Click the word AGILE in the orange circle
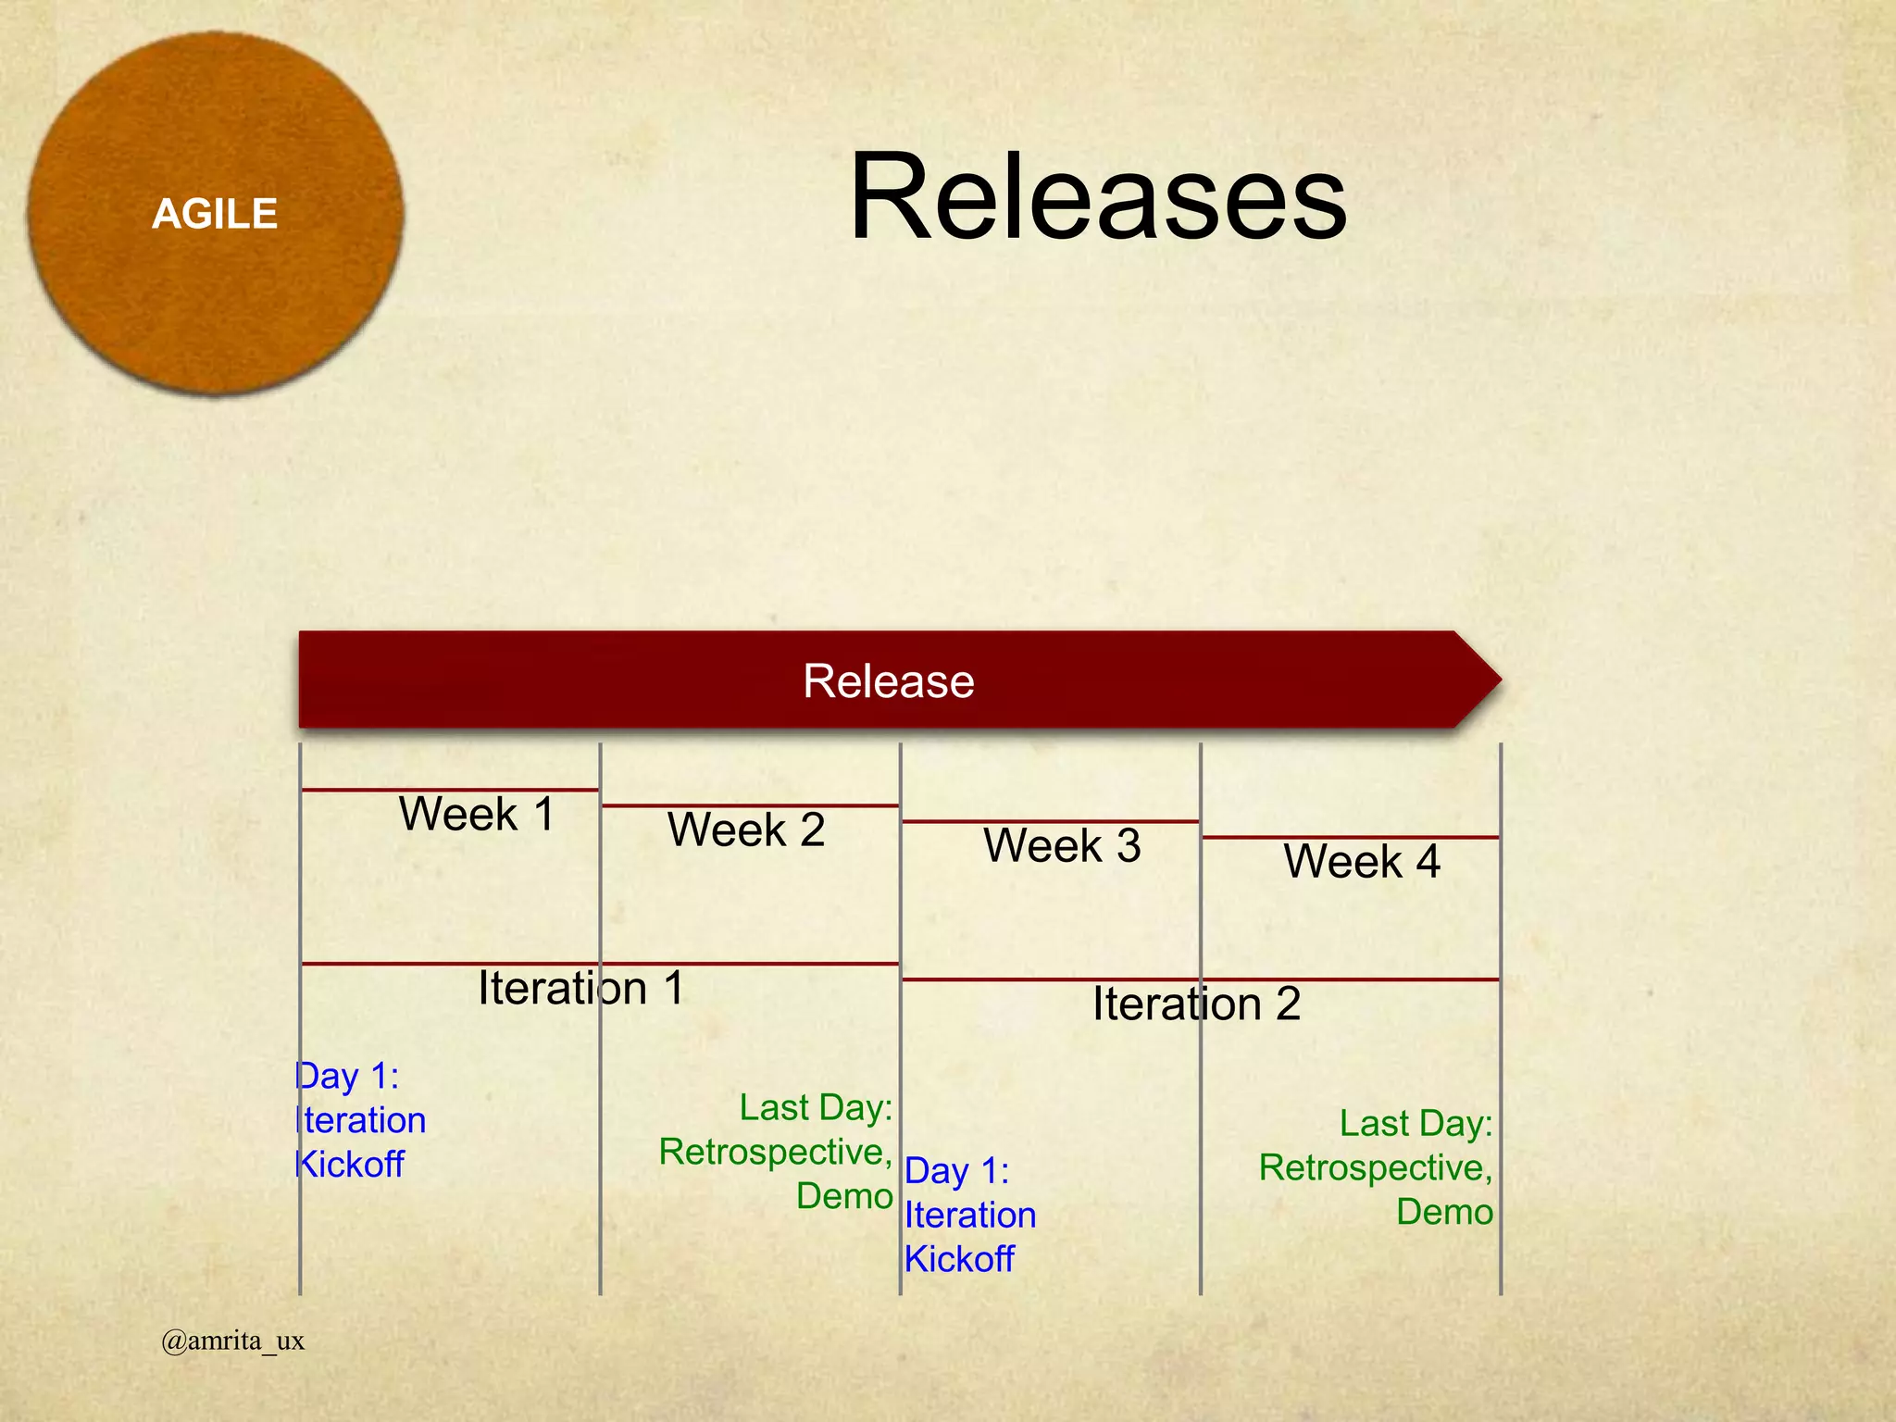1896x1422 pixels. pyautogui.click(x=215, y=214)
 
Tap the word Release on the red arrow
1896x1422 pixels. pyautogui.click(x=888, y=681)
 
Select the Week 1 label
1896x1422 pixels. pyautogui.click(x=477, y=815)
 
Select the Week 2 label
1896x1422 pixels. pyautogui.click(x=746, y=829)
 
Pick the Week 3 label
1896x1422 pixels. pyautogui.click(x=1062, y=845)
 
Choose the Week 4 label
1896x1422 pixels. pyautogui.click(x=1362, y=862)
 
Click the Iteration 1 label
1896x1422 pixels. pyautogui.click(x=580, y=988)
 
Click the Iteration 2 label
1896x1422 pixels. pyautogui.click(x=1196, y=1004)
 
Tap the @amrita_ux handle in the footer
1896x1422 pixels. pyautogui.click(x=232, y=1341)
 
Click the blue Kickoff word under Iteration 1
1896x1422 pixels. pyautogui.click(x=350, y=1165)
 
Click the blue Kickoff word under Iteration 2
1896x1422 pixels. pyautogui.click(x=959, y=1259)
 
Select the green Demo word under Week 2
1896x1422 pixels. pyautogui.click(x=844, y=1196)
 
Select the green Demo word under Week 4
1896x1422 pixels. pyautogui.click(x=1444, y=1212)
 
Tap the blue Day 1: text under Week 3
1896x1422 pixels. pyautogui.click(x=956, y=1171)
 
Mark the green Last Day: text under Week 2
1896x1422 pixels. pyautogui.click(x=816, y=1108)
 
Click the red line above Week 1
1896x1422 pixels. pyautogui.click(x=450, y=790)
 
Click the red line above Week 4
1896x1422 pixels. pyautogui.click(x=1350, y=838)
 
